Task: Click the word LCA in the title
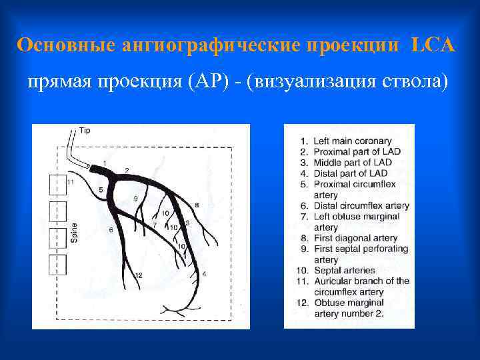coord(433,45)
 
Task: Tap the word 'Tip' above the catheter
coord(85,131)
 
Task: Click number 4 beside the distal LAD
coord(204,274)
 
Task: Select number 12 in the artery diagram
coord(139,275)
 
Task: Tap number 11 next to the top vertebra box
coord(70,182)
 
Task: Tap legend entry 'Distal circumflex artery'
coord(361,206)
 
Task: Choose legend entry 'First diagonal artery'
coord(355,238)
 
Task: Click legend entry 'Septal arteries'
coord(345,271)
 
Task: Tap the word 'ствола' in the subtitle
coord(421,82)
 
